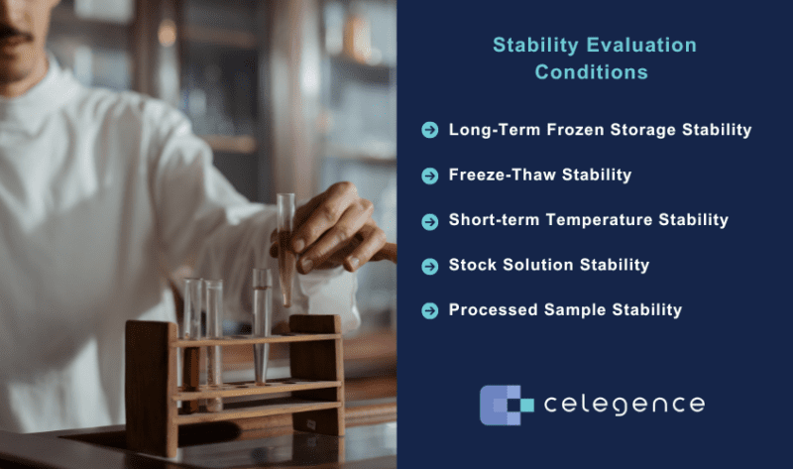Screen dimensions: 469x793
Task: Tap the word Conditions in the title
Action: click(x=592, y=72)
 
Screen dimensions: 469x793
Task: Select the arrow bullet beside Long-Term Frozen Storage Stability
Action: click(x=429, y=130)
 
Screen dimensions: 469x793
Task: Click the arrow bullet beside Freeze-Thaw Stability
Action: click(x=429, y=176)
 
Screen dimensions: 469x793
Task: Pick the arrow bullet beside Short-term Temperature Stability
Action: click(x=429, y=220)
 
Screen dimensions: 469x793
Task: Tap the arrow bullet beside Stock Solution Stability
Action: click(x=429, y=265)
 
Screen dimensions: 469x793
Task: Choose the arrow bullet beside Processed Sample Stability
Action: click(x=429, y=310)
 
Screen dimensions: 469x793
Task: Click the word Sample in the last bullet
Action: click(x=574, y=310)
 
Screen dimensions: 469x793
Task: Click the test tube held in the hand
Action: click(x=286, y=248)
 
